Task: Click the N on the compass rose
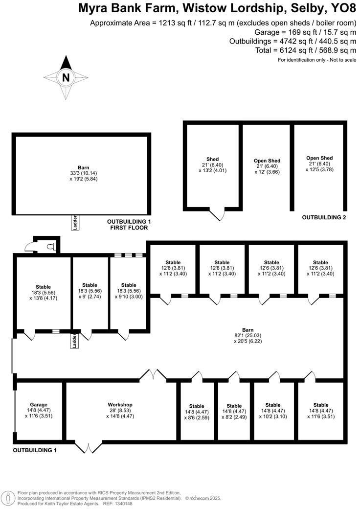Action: tap(66, 77)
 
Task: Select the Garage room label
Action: tap(38, 405)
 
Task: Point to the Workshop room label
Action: tap(120, 405)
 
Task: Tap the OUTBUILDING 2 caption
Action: tap(324, 217)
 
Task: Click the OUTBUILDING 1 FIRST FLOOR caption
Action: tap(129, 225)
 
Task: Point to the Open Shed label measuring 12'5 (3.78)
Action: tap(319, 158)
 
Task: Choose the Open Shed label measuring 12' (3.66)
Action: tap(267, 161)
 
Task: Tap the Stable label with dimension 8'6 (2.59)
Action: tap(197, 406)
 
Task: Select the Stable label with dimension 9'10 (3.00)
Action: tap(129, 285)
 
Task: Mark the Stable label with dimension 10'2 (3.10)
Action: tap(273, 405)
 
